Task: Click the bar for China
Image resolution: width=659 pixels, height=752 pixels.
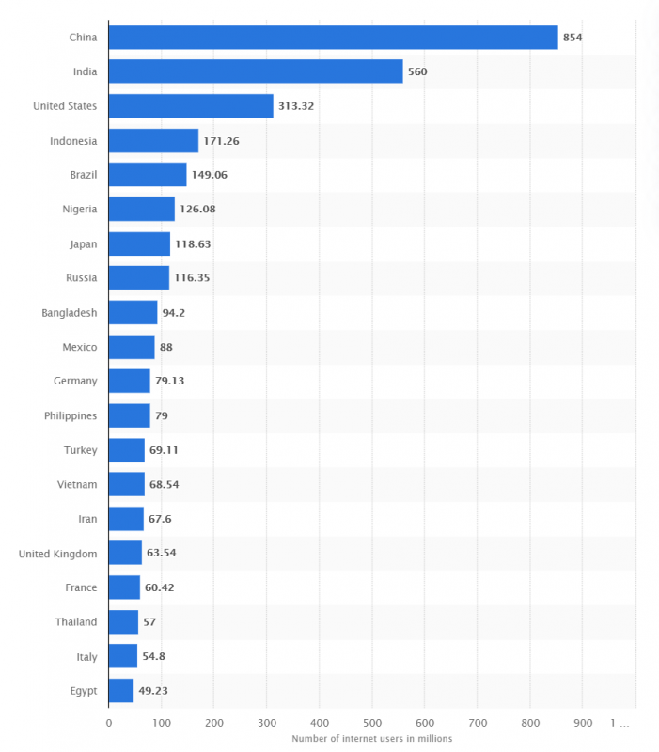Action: click(333, 38)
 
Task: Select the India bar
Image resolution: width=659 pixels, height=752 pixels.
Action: click(256, 71)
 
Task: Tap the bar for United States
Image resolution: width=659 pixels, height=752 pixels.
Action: click(191, 106)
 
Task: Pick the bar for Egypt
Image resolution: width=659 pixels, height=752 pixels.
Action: click(121, 690)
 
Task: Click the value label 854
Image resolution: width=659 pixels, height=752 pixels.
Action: click(573, 38)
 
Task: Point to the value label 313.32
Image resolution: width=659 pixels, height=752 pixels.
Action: click(296, 106)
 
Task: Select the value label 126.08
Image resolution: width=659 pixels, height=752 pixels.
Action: click(197, 209)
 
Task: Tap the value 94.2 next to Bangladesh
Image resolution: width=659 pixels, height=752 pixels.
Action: click(173, 312)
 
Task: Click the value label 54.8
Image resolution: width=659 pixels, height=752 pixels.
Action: click(154, 656)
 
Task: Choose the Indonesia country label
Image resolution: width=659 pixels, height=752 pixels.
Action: click(73, 141)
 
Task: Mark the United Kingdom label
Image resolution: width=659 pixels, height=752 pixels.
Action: click(57, 554)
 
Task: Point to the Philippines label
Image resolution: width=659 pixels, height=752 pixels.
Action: click(71, 415)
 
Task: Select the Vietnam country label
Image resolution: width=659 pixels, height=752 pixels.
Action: click(76, 484)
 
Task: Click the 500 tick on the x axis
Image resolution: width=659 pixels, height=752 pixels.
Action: click(371, 723)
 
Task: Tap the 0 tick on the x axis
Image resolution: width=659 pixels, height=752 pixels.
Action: click(109, 723)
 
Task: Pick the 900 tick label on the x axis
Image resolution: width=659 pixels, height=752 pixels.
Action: click(582, 723)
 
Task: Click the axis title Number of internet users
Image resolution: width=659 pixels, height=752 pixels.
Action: click(371, 738)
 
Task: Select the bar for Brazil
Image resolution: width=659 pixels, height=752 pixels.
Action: click(148, 175)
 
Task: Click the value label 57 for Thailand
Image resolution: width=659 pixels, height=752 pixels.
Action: click(150, 622)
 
